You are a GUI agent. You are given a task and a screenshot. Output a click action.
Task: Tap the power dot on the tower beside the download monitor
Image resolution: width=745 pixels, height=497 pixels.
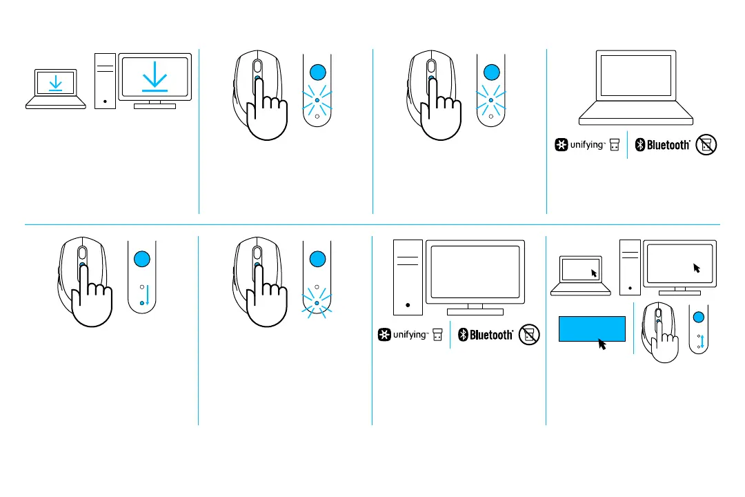[105, 99]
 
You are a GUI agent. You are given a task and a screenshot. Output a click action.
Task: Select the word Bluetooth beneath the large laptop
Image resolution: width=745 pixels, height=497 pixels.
[668, 145]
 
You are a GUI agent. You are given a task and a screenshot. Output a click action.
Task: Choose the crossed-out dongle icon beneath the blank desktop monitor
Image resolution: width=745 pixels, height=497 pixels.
[528, 335]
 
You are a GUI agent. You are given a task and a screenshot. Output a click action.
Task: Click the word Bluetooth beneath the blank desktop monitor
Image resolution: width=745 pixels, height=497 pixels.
[491, 335]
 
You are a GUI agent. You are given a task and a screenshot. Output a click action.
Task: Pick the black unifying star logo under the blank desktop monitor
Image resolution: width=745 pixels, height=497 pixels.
[384, 335]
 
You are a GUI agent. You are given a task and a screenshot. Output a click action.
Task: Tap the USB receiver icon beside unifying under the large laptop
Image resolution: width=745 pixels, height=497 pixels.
[615, 145]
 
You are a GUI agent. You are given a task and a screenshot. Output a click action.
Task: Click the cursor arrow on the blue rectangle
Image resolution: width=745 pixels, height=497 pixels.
[602, 343]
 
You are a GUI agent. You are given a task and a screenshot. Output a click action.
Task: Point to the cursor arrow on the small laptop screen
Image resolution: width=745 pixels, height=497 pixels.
[593, 273]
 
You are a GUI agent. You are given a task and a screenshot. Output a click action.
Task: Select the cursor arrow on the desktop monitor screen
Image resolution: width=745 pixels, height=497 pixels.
[697, 267]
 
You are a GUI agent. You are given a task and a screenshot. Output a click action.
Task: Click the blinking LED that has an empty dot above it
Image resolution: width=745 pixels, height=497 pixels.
[317, 302]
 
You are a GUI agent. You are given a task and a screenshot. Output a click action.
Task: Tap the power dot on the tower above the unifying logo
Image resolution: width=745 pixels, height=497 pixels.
[409, 304]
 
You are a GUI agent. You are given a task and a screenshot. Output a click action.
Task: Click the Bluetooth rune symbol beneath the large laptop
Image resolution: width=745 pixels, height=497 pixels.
[639, 145]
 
